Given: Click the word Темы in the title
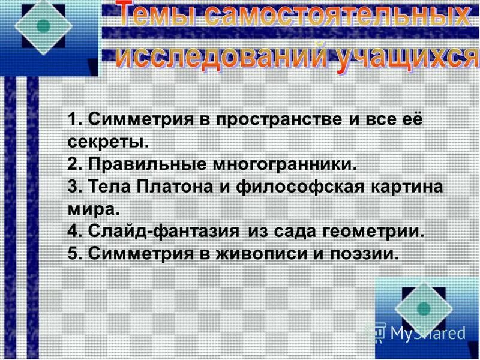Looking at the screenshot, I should [x=157, y=17].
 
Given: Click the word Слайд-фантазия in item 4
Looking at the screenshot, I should [x=164, y=231].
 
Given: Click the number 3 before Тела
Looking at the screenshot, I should [x=74, y=186].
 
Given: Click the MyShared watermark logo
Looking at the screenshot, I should [x=419, y=332].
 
